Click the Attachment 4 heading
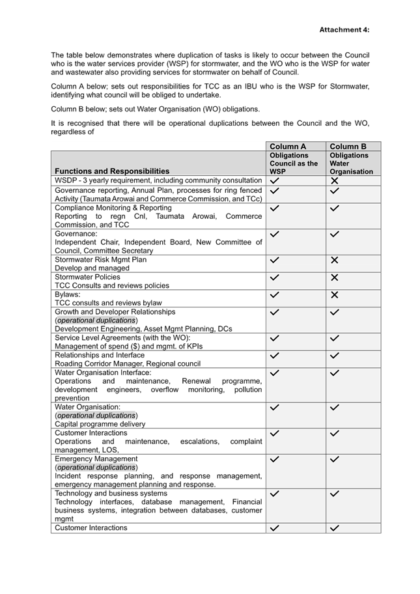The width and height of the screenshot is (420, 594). point(344,30)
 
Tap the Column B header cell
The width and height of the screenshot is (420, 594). point(348,147)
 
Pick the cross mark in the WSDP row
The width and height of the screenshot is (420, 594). point(335,180)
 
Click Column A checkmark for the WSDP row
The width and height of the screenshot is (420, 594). point(275,180)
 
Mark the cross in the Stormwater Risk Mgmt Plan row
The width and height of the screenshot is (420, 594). point(335,260)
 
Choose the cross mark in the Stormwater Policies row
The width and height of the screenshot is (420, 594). point(335,277)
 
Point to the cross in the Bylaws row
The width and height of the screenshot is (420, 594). point(335,295)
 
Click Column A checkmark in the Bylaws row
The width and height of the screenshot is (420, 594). point(275,295)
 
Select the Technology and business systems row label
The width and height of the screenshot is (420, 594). point(102,494)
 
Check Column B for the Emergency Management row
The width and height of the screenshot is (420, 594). point(335,459)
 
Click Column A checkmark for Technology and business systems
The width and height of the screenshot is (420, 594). point(275,494)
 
